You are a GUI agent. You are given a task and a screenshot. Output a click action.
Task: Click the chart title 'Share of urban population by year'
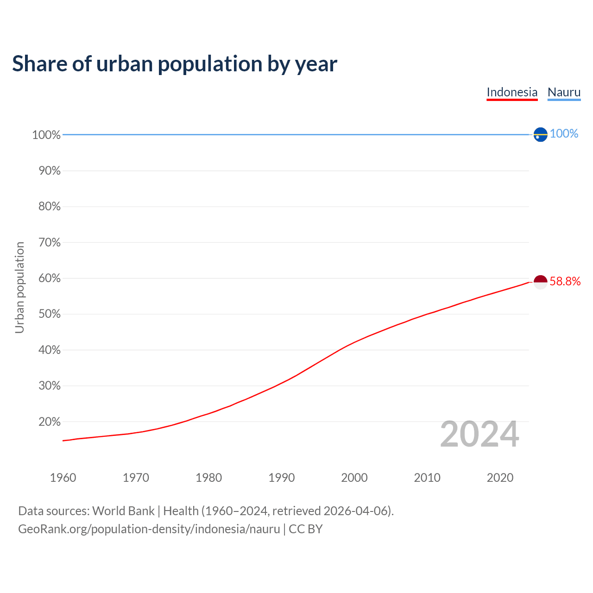175,64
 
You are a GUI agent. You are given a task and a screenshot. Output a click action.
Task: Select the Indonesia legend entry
512,92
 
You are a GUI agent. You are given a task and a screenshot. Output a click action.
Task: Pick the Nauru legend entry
564,92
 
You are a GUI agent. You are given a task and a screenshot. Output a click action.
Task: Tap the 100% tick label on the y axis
46,135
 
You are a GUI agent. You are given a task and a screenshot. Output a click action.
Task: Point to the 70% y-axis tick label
49,242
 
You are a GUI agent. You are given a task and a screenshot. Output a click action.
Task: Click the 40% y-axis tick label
49,350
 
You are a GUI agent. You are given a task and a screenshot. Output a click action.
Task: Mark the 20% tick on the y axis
49,422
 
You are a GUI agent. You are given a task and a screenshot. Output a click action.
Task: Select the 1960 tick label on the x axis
63,478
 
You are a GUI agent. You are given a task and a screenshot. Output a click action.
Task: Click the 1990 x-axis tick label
281,478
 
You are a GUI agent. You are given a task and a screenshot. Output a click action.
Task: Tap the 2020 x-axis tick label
500,478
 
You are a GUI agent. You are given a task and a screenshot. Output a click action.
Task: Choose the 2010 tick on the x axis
427,478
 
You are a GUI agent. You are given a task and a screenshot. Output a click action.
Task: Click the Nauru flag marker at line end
540,134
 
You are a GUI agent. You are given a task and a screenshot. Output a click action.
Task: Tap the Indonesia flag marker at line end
540,282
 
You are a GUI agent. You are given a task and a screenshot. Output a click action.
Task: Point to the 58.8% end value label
565,282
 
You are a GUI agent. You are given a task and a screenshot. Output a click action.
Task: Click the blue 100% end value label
564,133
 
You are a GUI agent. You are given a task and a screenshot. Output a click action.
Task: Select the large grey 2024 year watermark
479,434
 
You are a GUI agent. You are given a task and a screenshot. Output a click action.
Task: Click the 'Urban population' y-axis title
19,287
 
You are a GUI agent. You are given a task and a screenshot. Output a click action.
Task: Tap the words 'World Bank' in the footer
123,511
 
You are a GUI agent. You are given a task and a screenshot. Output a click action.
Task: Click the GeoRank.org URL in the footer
149,529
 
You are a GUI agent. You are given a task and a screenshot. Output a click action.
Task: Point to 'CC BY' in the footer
305,529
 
